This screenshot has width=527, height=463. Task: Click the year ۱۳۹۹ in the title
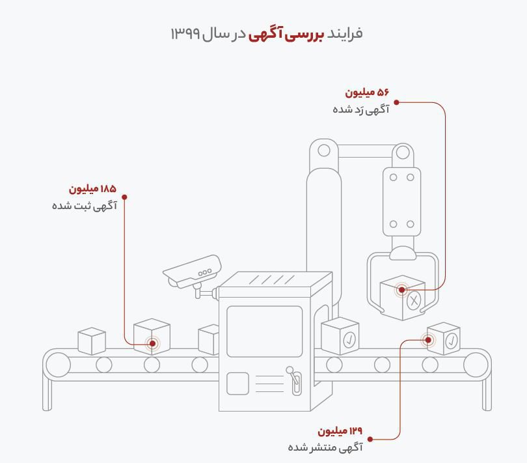[185, 33]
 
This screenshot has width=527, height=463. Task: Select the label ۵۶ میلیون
[366, 92]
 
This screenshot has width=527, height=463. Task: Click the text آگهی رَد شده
[360, 109]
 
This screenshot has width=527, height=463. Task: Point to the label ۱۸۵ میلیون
[92, 189]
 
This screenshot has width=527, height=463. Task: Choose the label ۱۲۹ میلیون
[340, 431]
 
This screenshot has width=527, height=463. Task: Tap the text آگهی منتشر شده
[325, 447]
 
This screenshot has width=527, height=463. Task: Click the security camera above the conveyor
[192, 272]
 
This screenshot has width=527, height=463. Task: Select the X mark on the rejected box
[414, 300]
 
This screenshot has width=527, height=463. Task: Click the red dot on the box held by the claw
[401, 290]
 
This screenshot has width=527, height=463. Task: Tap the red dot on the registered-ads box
[153, 343]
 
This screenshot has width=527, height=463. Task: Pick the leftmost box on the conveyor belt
[92, 341]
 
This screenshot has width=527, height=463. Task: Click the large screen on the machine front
[264, 331]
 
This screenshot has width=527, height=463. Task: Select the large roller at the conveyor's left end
[57, 365]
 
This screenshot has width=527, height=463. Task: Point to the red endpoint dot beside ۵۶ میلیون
[396, 102]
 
